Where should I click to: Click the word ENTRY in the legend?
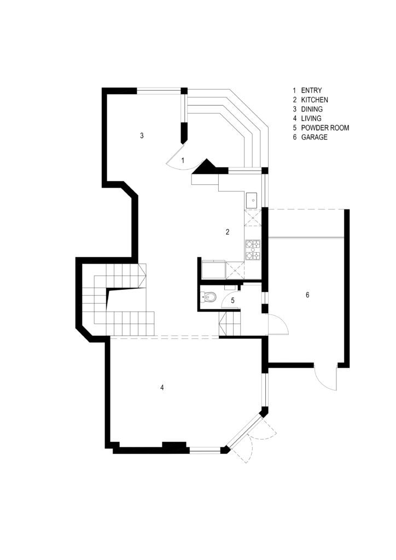pyautogui.click(x=311, y=91)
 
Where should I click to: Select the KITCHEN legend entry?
pyautogui.click(x=314, y=100)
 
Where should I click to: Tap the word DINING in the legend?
pyautogui.click(x=312, y=109)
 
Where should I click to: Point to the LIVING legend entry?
pyautogui.click(x=311, y=119)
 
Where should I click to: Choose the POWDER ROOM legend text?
pyautogui.click(x=325, y=128)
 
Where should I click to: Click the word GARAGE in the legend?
pyautogui.click(x=314, y=137)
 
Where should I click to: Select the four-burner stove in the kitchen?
pyautogui.click(x=253, y=250)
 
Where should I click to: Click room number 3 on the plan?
pyautogui.click(x=142, y=136)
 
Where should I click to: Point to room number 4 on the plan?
pyautogui.click(x=162, y=387)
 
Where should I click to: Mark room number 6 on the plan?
pyautogui.click(x=307, y=295)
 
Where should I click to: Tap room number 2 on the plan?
pyautogui.click(x=228, y=232)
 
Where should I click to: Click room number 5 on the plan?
pyautogui.click(x=232, y=300)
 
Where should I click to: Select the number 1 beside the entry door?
pyautogui.click(x=183, y=161)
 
